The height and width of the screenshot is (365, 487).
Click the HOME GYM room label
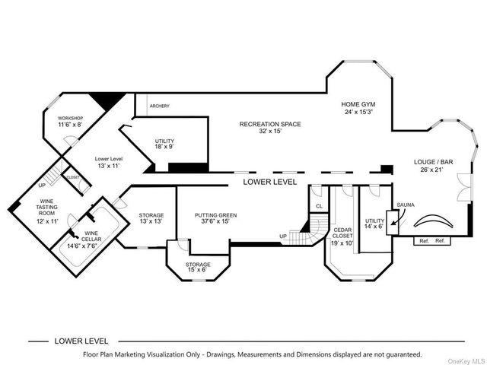point(358,104)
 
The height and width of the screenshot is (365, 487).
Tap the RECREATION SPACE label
point(270,124)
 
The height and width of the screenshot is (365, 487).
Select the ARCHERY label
point(160,106)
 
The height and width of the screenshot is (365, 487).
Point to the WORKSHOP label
point(70,119)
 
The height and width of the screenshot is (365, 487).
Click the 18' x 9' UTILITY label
point(165,141)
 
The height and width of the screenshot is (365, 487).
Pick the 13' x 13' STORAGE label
point(151,216)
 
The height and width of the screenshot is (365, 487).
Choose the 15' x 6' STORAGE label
point(198,265)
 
